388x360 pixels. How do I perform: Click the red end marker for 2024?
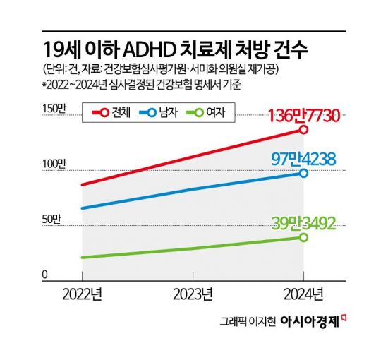303,130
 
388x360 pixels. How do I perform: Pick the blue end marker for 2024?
303,173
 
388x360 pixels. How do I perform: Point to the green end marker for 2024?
303,237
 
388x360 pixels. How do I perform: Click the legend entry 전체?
111,112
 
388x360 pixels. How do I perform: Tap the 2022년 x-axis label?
83,293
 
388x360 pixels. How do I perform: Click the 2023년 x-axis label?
193,293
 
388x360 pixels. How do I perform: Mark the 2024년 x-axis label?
303,293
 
